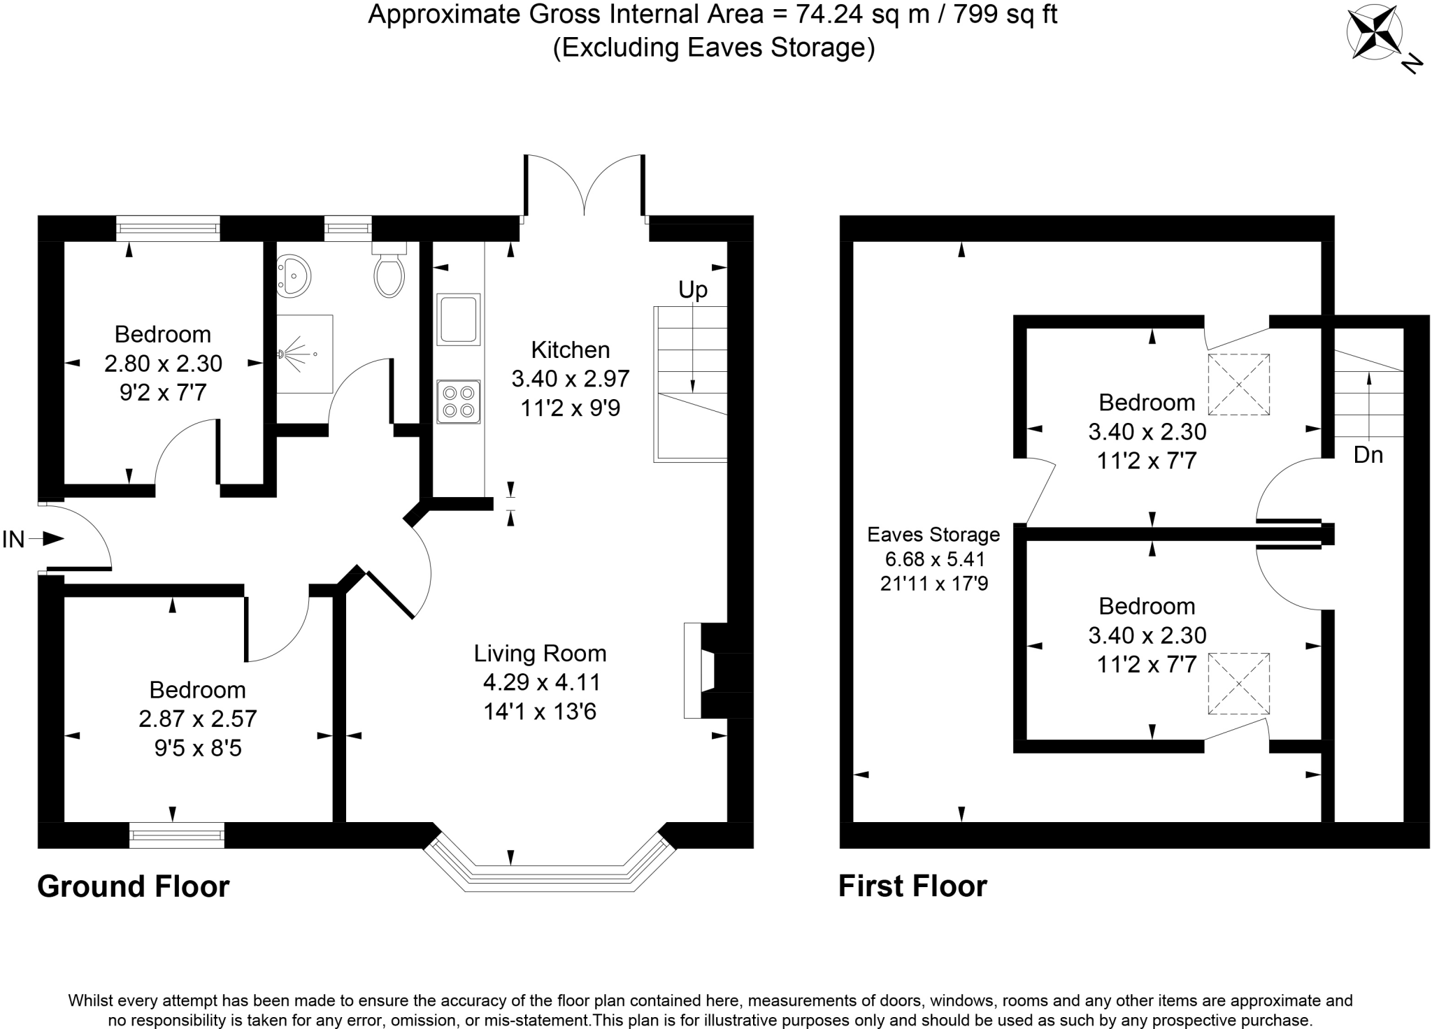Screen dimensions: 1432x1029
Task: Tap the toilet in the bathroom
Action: pos(389,269)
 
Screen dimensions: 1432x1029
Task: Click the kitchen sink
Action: pos(459,319)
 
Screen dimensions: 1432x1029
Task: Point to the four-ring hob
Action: pos(459,402)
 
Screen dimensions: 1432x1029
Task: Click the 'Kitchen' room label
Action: pos(571,350)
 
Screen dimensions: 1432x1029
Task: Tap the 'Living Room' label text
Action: pos(540,654)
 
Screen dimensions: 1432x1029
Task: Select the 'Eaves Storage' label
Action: pos(933,535)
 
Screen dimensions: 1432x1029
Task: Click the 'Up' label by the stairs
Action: pos(693,289)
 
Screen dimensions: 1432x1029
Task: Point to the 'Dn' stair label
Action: pos(1368,455)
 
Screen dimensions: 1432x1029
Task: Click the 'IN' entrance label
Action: pos(13,540)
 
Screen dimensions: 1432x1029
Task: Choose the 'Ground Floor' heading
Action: pos(134,886)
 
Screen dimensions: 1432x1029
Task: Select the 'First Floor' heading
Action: pos(912,886)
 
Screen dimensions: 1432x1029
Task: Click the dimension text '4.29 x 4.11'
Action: pos(541,682)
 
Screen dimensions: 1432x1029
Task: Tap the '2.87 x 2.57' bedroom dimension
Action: pos(198,719)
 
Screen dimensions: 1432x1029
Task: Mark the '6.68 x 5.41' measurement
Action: pos(935,559)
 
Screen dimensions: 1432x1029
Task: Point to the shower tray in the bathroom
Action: pos(305,354)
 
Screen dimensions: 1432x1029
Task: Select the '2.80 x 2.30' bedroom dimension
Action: pos(164,364)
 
